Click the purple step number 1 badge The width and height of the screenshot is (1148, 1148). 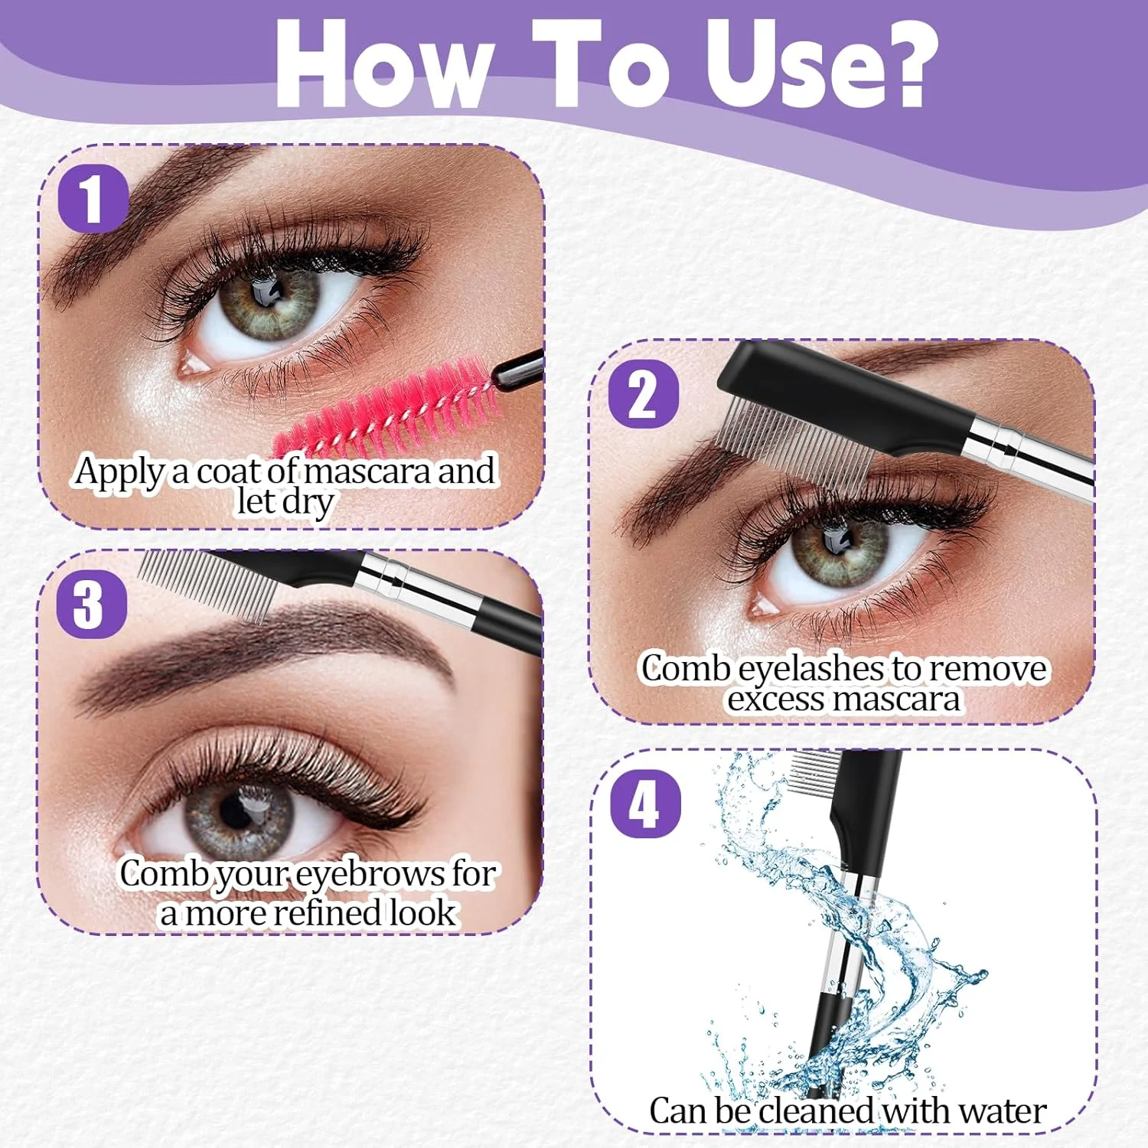93,198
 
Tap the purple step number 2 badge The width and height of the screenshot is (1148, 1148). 644,394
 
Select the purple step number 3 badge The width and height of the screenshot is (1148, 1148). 91,604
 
